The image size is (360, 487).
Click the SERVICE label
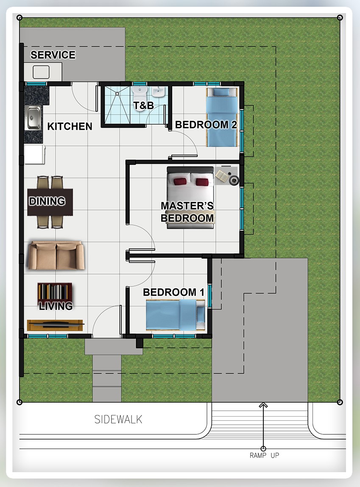tap(53, 55)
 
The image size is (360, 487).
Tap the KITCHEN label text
tap(70, 126)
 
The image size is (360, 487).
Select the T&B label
tap(143, 106)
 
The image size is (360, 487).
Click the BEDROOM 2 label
tap(206, 125)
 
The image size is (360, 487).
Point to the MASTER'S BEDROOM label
tap(187, 212)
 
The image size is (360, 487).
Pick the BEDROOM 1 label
tap(173, 292)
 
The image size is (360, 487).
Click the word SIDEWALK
tap(118, 419)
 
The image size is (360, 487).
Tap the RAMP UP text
tap(265, 455)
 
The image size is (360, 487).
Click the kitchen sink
tap(33, 118)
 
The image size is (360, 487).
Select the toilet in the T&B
tap(140, 95)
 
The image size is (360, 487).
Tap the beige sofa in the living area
tap(56, 255)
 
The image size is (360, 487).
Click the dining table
tap(50, 202)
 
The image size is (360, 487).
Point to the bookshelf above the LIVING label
tap(55, 292)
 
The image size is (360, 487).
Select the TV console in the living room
tap(55, 325)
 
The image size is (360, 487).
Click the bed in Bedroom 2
tap(222, 117)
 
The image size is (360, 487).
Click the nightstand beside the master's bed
tap(226, 176)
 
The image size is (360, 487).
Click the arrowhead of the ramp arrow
tap(263, 405)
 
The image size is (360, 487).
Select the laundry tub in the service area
tap(41, 72)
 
